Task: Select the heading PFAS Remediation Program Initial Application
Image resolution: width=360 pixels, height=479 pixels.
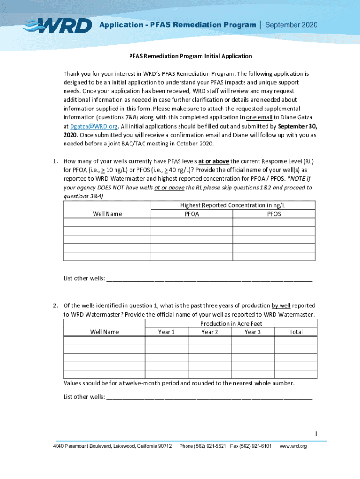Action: click(x=190, y=56)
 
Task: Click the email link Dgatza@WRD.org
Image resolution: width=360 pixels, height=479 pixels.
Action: click(x=94, y=126)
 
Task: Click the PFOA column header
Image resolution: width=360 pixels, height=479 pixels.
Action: click(x=192, y=214)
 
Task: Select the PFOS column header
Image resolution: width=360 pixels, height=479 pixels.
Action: click(x=274, y=214)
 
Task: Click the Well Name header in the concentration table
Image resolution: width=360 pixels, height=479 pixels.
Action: click(x=107, y=214)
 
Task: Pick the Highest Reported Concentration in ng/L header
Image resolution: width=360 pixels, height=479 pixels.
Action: click(x=233, y=205)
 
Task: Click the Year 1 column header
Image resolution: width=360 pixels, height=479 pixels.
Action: click(x=166, y=332)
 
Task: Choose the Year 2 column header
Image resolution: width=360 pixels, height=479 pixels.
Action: click(x=209, y=332)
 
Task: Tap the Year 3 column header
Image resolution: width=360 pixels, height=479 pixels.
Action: click(x=252, y=332)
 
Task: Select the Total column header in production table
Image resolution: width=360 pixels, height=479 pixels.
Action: click(x=296, y=332)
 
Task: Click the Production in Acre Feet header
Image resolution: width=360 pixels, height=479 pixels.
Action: click(x=231, y=324)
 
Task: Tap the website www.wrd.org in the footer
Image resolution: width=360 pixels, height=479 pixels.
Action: click(x=293, y=446)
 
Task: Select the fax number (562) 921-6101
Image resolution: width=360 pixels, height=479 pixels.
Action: click(x=255, y=446)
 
